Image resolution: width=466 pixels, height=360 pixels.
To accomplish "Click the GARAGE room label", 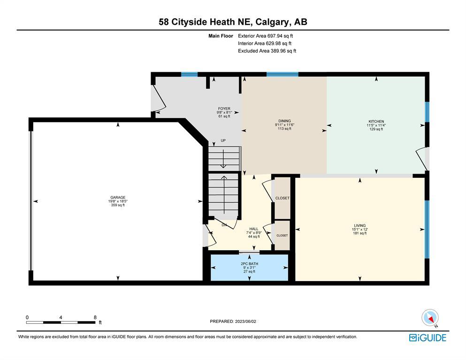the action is (x=118, y=198).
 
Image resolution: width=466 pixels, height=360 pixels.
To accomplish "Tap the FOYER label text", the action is (x=224, y=108).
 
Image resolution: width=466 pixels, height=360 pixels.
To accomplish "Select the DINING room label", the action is (x=284, y=121).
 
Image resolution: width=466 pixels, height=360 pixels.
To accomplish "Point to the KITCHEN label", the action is (x=376, y=121).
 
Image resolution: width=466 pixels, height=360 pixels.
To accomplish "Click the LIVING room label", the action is (x=359, y=225).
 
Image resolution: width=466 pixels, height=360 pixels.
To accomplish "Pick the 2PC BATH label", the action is (x=249, y=264).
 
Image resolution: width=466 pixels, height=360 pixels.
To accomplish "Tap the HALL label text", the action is (x=254, y=229).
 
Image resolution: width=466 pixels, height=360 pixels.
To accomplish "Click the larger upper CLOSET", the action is (x=282, y=198).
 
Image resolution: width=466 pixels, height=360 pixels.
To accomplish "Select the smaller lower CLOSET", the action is (x=282, y=235).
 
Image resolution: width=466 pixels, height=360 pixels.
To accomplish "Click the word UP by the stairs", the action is (x=223, y=140).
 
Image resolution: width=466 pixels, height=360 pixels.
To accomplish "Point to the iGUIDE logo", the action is (x=428, y=337).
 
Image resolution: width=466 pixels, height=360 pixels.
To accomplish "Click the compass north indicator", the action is (x=430, y=318).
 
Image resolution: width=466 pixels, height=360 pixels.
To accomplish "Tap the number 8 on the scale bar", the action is (x=95, y=317).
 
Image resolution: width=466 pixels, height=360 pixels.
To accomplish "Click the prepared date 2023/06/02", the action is (x=245, y=322).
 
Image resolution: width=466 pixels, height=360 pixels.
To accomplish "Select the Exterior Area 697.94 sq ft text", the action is (x=266, y=36).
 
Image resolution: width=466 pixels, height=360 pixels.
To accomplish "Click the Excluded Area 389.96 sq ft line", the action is (x=267, y=51).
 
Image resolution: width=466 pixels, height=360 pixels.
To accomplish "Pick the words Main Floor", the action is (x=221, y=36).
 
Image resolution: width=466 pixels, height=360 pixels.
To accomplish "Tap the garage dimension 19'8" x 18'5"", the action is (x=118, y=201).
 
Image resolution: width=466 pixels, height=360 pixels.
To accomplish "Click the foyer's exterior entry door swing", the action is (x=159, y=97).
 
